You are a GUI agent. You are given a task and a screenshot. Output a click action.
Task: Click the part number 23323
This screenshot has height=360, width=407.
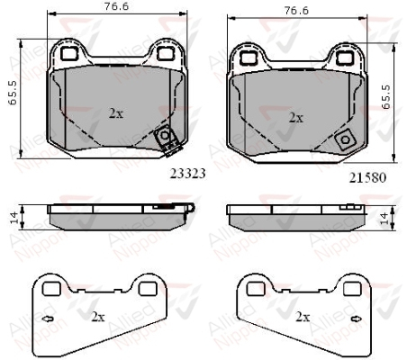pos(188,174)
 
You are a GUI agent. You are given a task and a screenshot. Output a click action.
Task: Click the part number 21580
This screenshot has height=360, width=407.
pos(367,178)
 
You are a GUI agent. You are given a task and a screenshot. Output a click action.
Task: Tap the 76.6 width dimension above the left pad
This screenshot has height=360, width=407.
pos(116,6)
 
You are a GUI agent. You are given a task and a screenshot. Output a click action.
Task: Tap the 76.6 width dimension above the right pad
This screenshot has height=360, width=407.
pos(296,11)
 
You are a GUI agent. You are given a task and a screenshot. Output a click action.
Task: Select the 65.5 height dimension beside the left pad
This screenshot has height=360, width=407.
pos(13,93)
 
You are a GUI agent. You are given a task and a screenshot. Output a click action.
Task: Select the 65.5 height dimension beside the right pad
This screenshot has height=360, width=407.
pos(386,97)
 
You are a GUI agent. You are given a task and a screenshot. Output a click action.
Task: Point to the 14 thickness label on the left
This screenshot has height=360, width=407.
pos(14,218)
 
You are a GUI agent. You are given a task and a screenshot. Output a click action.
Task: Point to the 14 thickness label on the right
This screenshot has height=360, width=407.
pos(384,219)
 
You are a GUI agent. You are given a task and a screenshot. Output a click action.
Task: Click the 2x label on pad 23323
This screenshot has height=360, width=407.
pos(116,113)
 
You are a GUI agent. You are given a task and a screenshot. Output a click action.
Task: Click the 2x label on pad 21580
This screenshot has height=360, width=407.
pos(296,118)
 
